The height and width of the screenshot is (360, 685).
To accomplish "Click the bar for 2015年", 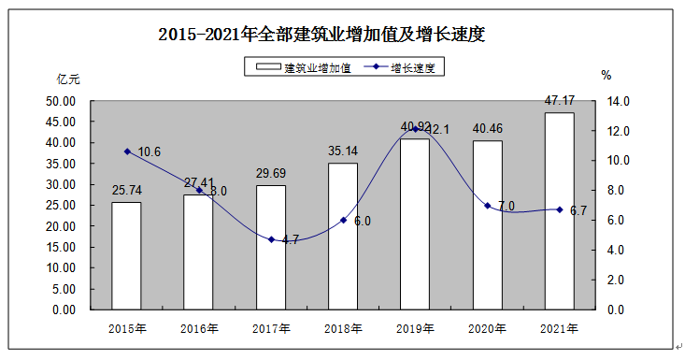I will (126, 255).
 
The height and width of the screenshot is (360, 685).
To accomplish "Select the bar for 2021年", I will (559, 210).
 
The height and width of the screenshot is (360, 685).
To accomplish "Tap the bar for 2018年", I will (343, 236).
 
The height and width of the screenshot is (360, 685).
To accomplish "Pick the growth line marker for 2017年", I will (271, 239).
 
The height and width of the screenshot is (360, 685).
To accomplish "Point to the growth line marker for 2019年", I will (415, 129).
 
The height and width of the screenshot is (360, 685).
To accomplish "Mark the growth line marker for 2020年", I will (487, 206).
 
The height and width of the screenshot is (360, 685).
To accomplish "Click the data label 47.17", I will (559, 99).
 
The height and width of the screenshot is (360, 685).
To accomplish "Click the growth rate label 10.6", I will (150, 152).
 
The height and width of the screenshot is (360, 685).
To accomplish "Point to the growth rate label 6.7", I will (578, 210).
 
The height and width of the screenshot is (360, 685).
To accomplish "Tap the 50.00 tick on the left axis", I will (61, 101).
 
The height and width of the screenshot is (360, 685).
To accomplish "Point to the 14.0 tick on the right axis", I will (621, 101).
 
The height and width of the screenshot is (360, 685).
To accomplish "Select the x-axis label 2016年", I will (199, 328).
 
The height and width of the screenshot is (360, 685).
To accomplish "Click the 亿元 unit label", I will (68, 79).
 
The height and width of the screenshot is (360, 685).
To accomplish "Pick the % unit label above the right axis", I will (606, 75).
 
